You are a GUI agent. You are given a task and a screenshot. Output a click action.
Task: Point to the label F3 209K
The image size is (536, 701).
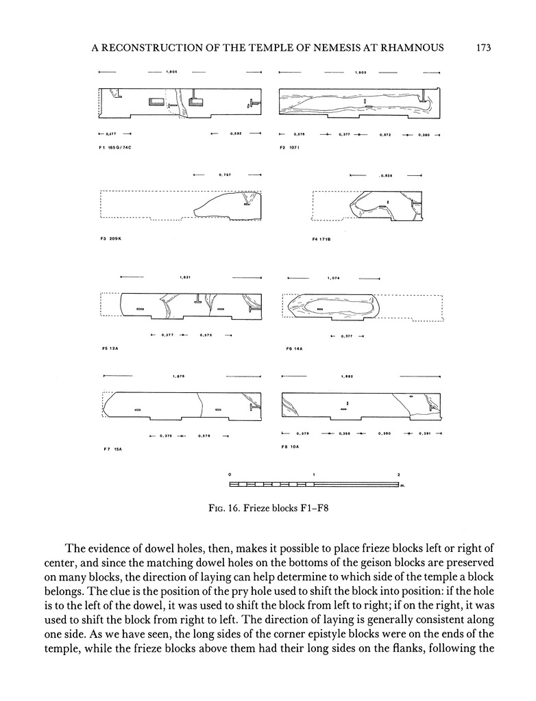coord(110,240)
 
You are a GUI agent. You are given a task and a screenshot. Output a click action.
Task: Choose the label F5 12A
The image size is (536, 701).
coord(109,348)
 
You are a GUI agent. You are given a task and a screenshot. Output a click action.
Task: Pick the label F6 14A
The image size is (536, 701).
coord(293,348)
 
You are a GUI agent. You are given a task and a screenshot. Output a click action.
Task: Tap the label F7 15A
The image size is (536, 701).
coord(110,448)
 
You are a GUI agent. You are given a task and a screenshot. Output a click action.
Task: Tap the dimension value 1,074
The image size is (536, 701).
coord(334,278)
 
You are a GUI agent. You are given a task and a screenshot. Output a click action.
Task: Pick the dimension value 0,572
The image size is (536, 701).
coord(385,135)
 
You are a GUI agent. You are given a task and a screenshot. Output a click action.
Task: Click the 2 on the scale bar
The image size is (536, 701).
coord(398,474)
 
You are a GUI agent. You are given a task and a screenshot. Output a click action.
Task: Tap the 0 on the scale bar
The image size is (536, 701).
coord(230,474)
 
